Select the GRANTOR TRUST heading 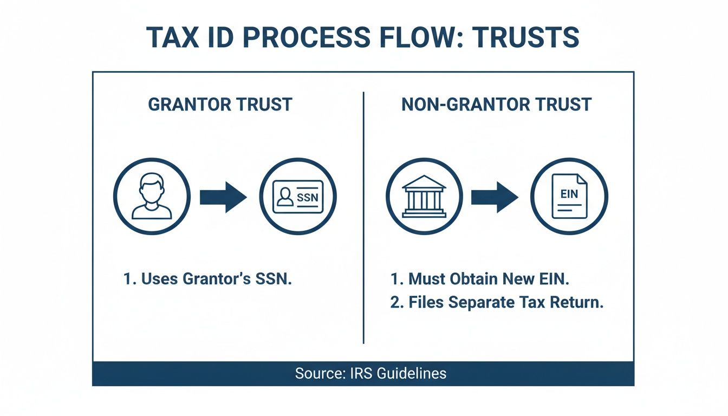[220, 104]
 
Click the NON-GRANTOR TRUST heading [496, 104]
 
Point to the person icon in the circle [152, 197]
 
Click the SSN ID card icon [298, 197]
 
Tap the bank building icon [424, 197]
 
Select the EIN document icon [569, 197]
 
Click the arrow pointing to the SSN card [223, 197]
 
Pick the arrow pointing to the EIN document [495, 197]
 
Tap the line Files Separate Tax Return [497, 302]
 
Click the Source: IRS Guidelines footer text [370, 373]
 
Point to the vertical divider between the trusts [363, 217]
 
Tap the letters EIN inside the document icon [569, 194]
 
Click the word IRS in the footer [354, 373]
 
